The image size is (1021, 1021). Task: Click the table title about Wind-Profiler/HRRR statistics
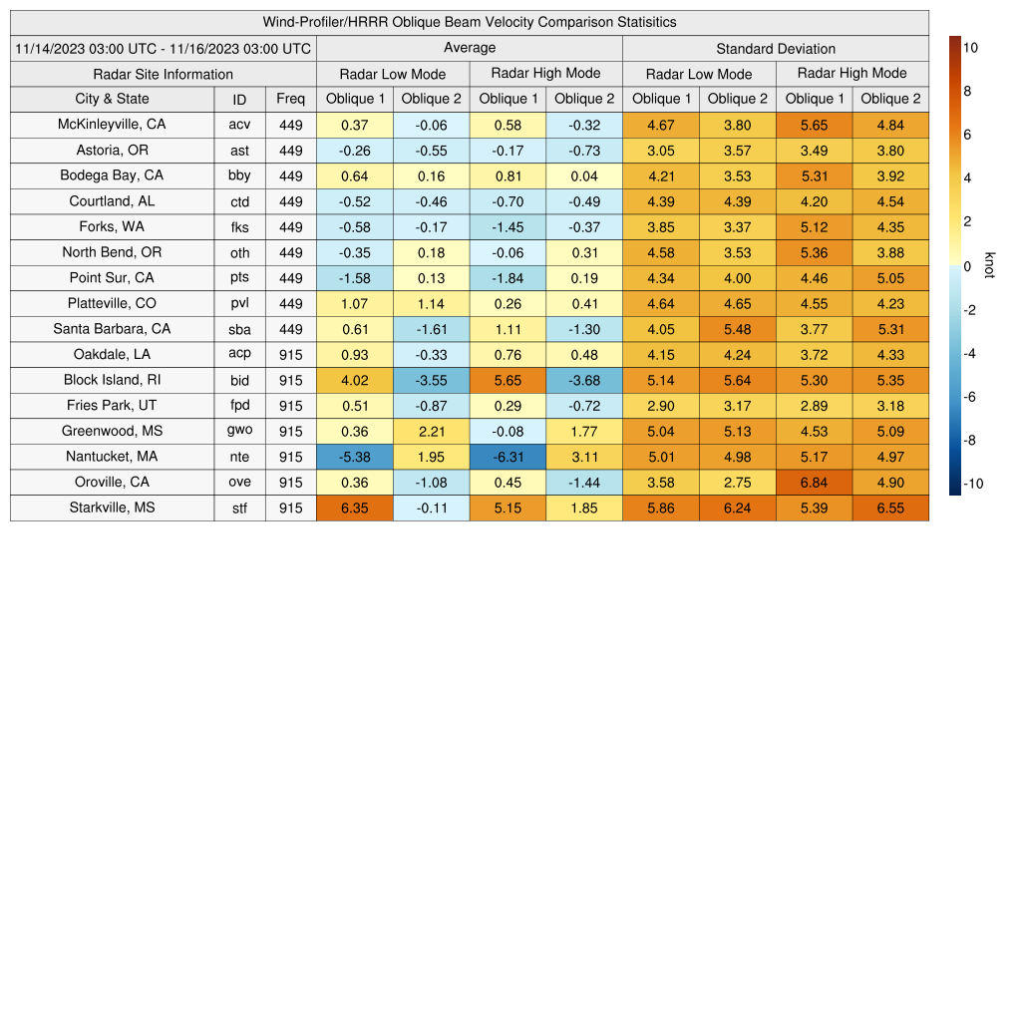pyautogui.click(x=470, y=22)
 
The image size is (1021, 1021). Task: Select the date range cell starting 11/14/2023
pyautogui.click(x=164, y=48)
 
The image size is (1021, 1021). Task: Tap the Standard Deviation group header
pyautogui.click(x=776, y=48)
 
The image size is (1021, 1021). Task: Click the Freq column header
pyautogui.click(x=291, y=99)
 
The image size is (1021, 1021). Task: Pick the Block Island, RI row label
pyautogui.click(x=112, y=380)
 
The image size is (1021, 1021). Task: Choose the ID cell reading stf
pyautogui.click(x=239, y=508)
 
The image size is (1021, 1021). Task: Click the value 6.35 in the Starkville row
pyautogui.click(x=354, y=508)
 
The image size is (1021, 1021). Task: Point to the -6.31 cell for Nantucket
pyautogui.click(x=508, y=457)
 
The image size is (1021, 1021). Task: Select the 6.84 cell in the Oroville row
pyautogui.click(x=814, y=483)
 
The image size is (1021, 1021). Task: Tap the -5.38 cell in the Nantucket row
pyautogui.click(x=354, y=457)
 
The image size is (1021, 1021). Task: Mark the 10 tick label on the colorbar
pyautogui.click(x=971, y=47)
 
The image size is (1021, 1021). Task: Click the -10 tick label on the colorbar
pyautogui.click(x=973, y=485)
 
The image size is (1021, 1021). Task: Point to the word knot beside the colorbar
pyautogui.click(x=989, y=265)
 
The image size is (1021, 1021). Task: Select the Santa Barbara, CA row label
pyautogui.click(x=112, y=329)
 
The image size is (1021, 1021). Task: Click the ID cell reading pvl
pyautogui.click(x=239, y=303)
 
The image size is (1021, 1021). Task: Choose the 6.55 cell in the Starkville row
pyautogui.click(x=890, y=508)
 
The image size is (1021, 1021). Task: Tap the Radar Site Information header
pyautogui.click(x=164, y=74)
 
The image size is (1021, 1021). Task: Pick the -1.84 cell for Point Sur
pyautogui.click(x=508, y=278)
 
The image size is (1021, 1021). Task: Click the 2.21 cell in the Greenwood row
pyautogui.click(x=431, y=431)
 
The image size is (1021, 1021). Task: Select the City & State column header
pyautogui.click(x=112, y=99)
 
